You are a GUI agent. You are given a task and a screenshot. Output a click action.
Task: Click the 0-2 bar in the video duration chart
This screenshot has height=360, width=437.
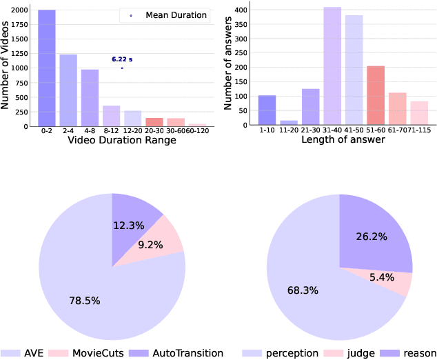[x=47, y=68]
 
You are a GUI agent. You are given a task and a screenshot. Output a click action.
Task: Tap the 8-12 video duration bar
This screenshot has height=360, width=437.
[x=111, y=116]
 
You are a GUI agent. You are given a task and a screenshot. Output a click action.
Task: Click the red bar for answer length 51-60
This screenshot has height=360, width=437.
[x=375, y=97]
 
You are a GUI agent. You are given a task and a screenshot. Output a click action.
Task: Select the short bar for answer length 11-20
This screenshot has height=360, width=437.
[x=289, y=123]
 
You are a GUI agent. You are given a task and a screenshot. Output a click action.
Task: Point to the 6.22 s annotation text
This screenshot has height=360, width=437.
[x=122, y=60]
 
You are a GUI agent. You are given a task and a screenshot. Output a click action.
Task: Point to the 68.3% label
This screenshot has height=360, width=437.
[x=303, y=290]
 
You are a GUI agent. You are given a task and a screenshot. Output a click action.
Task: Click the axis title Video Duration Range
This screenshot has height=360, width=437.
[x=122, y=141]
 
